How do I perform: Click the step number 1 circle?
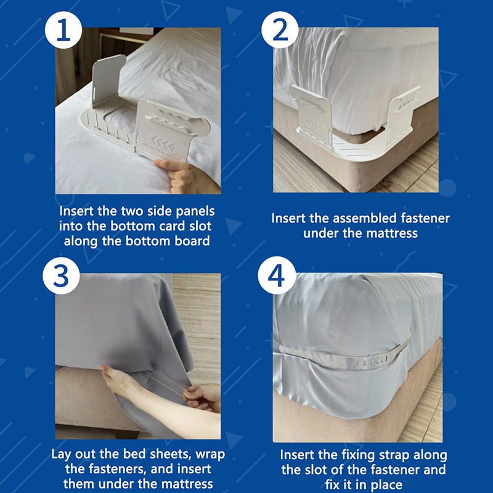63,30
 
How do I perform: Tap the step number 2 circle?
280,30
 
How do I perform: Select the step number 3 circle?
61,275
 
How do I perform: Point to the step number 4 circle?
277,275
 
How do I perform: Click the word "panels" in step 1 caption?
195,211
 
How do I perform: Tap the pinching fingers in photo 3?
202,397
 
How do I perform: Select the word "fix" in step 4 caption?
332,484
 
